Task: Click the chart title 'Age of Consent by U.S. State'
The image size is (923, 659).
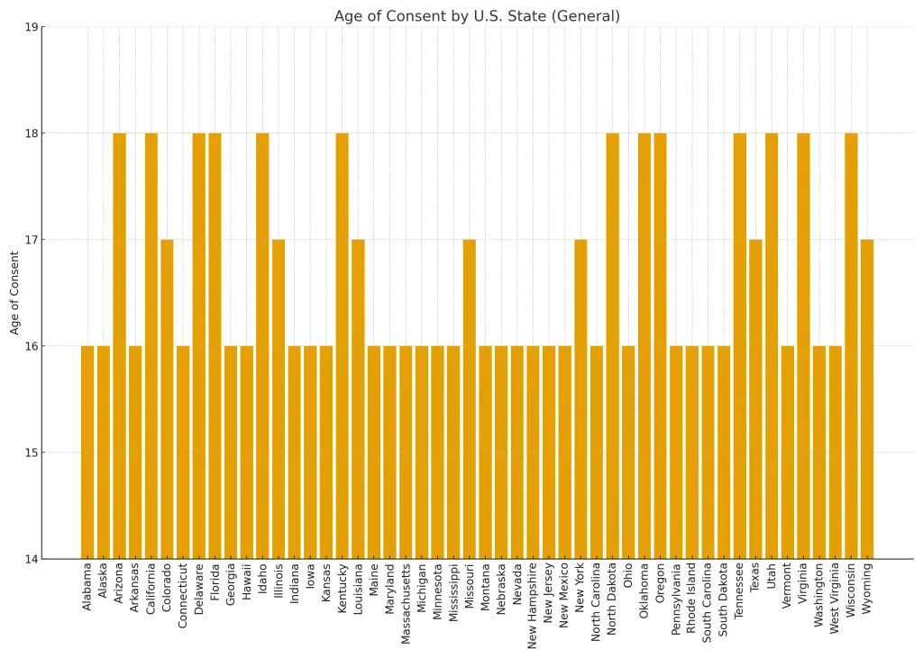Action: (x=477, y=16)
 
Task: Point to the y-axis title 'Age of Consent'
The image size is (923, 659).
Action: (x=14, y=293)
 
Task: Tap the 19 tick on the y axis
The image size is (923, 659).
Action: (x=31, y=27)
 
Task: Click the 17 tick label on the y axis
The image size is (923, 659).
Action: (x=31, y=240)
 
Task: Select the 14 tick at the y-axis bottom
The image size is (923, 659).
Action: (x=31, y=559)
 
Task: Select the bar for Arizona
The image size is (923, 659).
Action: (x=119, y=346)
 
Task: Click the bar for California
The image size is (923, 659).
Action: (x=151, y=346)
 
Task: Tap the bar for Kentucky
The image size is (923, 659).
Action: (x=342, y=346)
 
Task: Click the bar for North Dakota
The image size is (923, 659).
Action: (x=613, y=346)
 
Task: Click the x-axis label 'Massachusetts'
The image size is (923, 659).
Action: (x=406, y=605)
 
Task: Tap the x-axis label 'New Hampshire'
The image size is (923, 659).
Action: (x=533, y=607)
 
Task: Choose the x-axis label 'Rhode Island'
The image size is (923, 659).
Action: (x=692, y=597)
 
